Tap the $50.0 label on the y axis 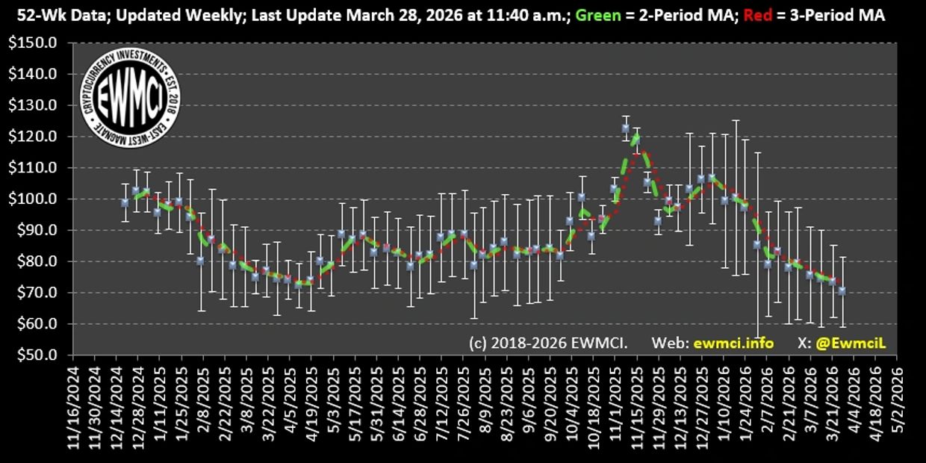[x=36, y=355]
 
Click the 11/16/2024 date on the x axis [x=74, y=407]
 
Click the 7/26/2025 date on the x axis [x=464, y=407]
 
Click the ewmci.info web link [x=733, y=343]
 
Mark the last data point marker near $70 [x=842, y=291]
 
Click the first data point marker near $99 [x=125, y=202]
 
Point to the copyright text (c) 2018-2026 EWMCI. [x=548, y=343]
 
